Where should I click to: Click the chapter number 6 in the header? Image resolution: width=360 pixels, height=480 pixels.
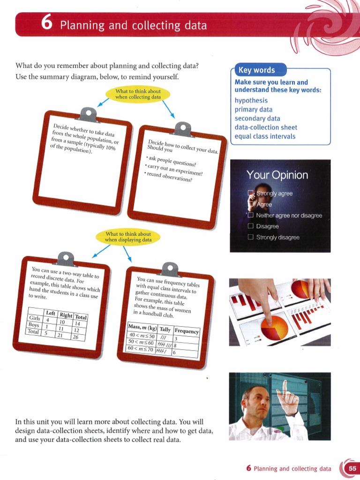click(x=46, y=24)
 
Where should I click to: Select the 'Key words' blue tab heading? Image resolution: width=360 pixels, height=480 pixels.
click(x=256, y=70)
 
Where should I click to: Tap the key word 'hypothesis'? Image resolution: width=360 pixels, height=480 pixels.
click(x=251, y=100)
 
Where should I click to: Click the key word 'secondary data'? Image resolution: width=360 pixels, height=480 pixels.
click(x=257, y=118)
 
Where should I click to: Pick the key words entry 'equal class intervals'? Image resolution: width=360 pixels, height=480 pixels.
click(x=265, y=136)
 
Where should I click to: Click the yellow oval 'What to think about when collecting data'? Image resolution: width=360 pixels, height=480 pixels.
click(x=138, y=94)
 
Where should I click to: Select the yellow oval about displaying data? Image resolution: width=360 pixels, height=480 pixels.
click(x=128, y=237)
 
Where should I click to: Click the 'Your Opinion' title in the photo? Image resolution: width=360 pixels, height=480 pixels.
click(x=277, y=175)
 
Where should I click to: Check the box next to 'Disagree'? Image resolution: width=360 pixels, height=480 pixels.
click(x=250, y=226)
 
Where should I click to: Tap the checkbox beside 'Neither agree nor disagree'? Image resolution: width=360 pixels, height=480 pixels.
click(x=250, y=216)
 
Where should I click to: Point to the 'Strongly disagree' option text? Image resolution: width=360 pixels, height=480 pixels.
click(x=277, y=237)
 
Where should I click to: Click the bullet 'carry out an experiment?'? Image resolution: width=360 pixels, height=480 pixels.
click(x=174, y=169)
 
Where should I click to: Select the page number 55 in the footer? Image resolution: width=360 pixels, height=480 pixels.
click(x=352, y=468)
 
